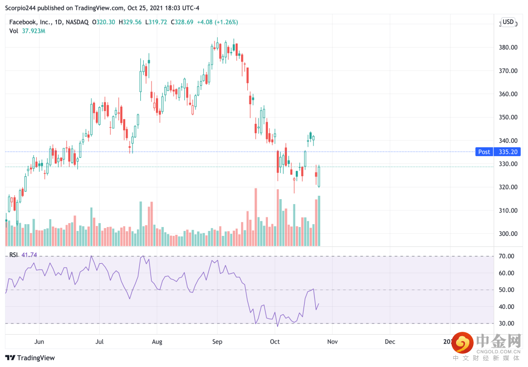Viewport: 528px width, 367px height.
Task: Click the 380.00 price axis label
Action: (508, 47)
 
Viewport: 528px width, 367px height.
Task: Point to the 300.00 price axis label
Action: (508, 234)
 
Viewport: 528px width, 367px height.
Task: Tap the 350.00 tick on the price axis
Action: (508, 117)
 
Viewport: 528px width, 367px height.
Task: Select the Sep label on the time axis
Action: (218, 342)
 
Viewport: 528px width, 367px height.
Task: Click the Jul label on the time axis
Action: (99, 342)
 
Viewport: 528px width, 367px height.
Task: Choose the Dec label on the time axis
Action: (390, 342)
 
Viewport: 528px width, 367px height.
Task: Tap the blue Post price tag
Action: (484, 152)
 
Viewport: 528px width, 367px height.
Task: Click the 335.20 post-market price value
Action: (508, 152)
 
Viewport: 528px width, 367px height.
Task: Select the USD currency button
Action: (508, 22)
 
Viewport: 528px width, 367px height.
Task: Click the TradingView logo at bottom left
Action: (30, 358)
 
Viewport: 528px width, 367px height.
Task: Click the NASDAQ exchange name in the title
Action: (77, 22)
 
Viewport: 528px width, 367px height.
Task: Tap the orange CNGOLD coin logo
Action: (461, 343)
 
